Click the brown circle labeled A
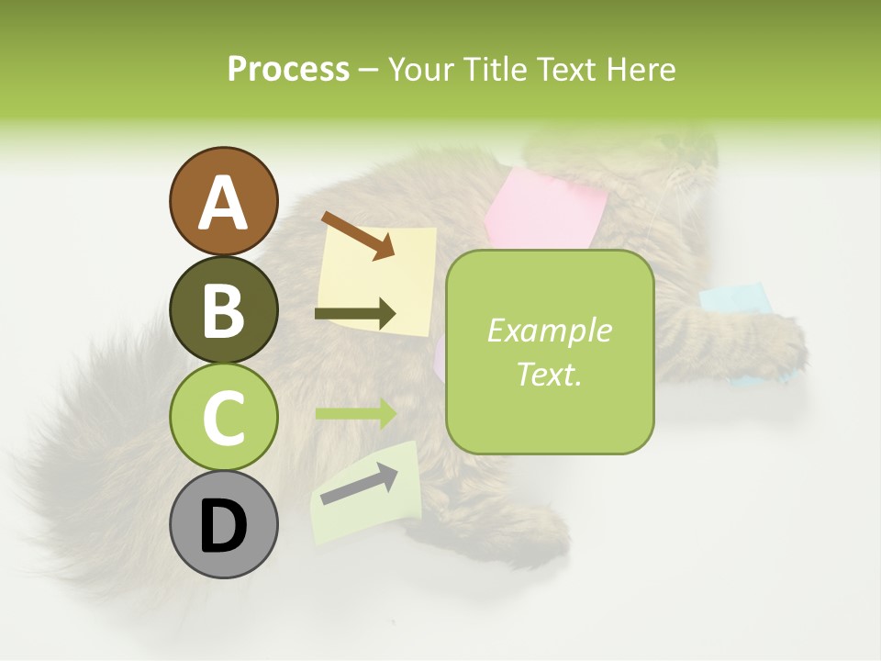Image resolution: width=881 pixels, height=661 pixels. tap(223, 202)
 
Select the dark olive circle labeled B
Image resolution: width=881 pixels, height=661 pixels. tap(223, 309)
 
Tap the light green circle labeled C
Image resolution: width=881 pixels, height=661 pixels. tap(223, 417)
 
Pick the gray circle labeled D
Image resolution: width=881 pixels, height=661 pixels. tap(223, 524)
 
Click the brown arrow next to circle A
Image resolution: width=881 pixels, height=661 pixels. tap(357, 235)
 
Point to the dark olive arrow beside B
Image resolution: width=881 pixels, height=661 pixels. tap(355, 314)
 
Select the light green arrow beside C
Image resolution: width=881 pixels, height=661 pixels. tap(355, 413)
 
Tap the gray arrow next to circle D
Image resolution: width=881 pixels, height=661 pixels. tap(359, 483)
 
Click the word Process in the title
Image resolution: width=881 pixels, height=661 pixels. tap(288, 69)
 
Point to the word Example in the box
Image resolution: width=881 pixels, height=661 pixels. tap(549, 330)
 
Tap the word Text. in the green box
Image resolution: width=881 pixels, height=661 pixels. tap(549, 374)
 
